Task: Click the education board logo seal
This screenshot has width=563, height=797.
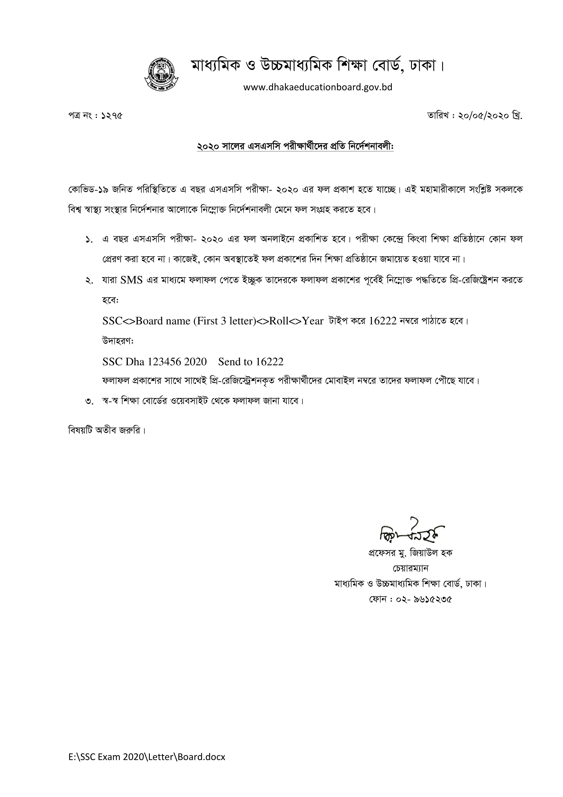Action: coord(161,72)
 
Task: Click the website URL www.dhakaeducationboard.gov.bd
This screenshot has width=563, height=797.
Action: coord(317,87)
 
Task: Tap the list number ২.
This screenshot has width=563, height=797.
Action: coord(89,281)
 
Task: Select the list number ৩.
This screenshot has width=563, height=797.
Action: coord(89,402)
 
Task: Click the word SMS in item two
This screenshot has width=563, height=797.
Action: coord(131,280)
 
